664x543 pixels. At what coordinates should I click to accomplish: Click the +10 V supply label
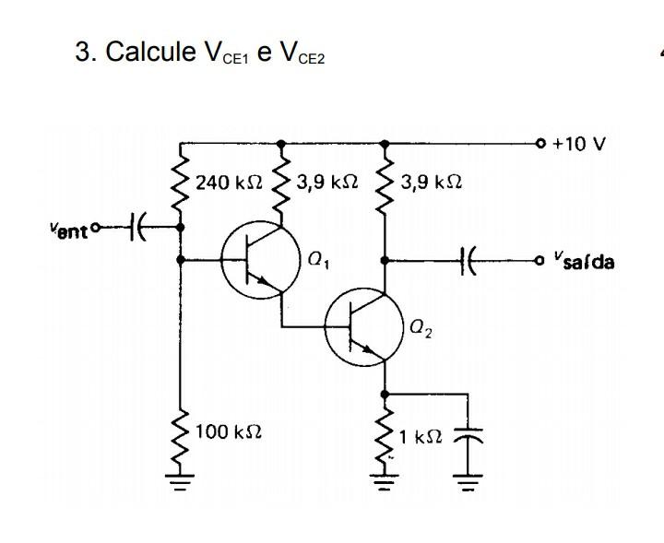click(580, 145)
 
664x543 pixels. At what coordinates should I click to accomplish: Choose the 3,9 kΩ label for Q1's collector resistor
click(327, 183)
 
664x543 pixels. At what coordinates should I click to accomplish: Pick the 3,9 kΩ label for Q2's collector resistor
click(432, 183)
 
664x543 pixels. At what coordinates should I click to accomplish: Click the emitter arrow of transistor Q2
click(376, 353)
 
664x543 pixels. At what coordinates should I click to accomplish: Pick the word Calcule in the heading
click(144, 52)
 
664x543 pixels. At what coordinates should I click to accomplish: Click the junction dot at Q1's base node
click(180, 261)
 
